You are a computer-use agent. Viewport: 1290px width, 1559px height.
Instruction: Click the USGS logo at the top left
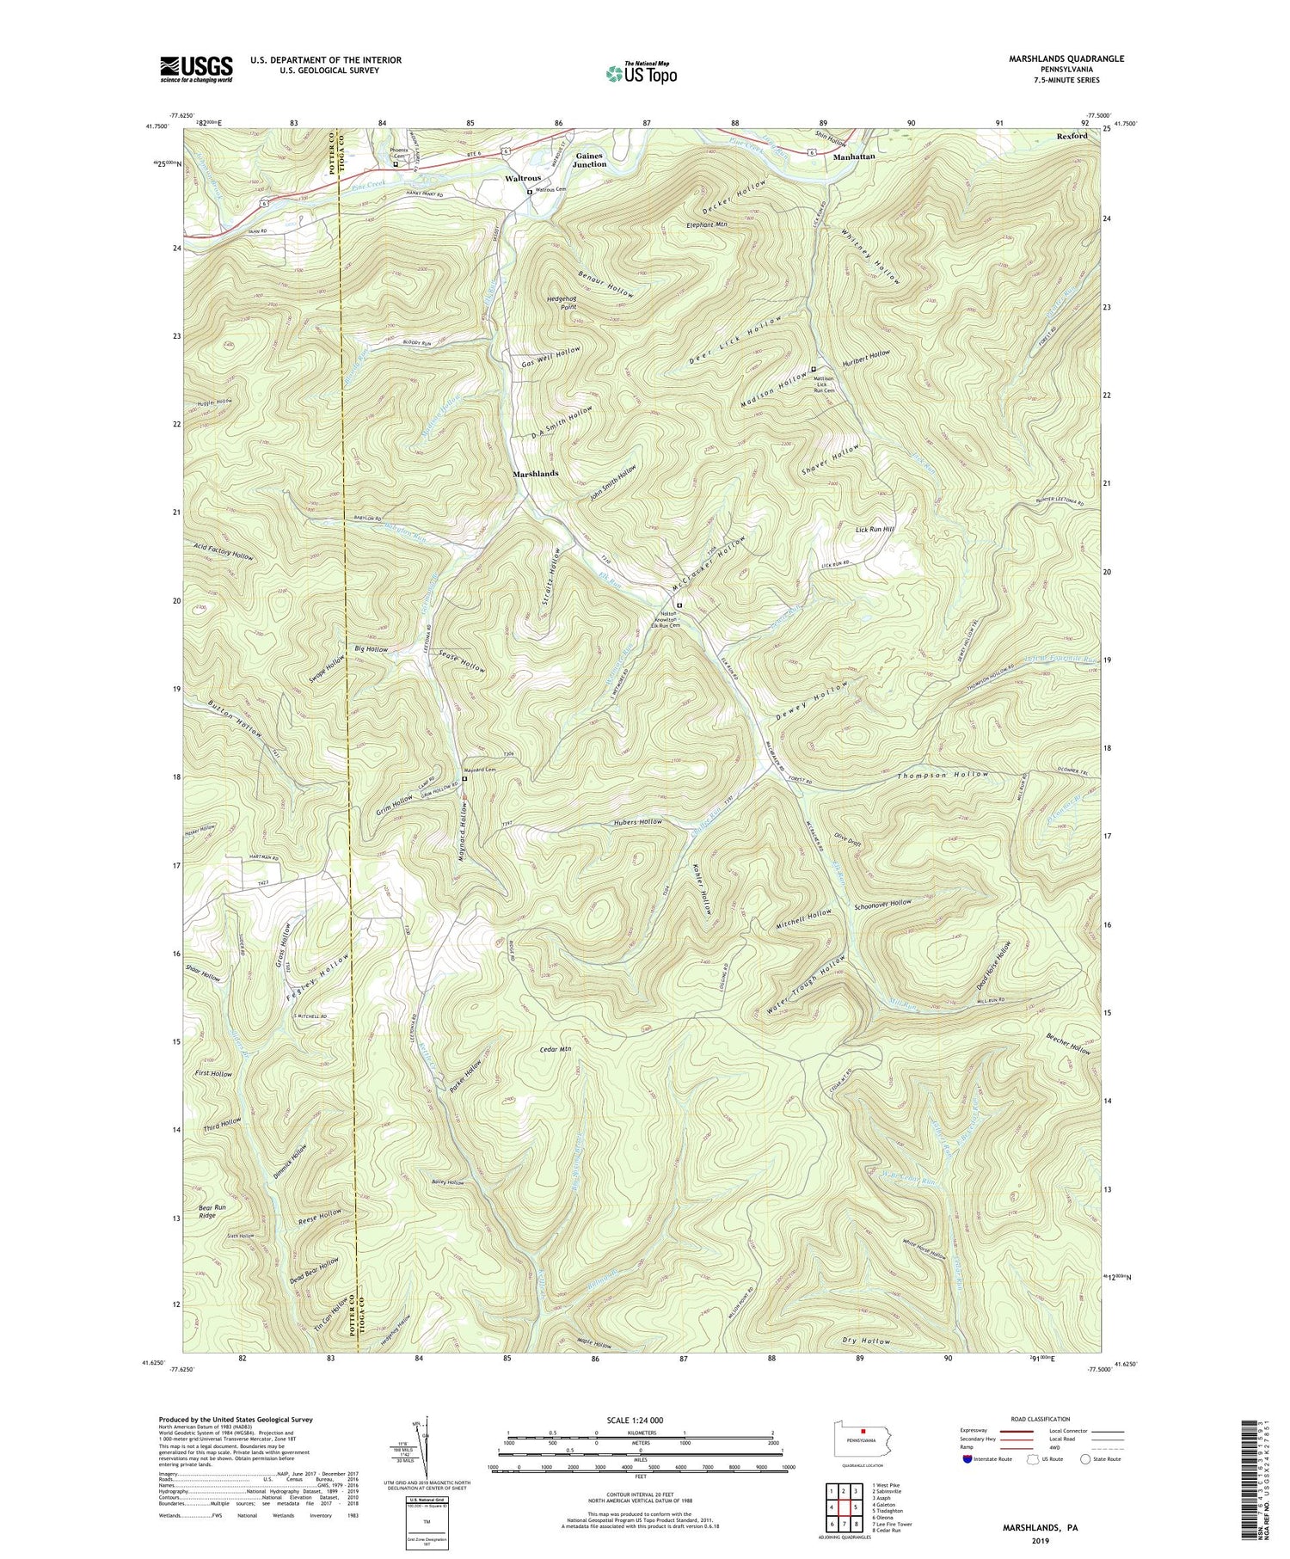195,68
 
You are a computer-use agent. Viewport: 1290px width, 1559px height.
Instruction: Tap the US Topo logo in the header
641,74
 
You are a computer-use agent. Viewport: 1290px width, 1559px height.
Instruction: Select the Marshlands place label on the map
536,474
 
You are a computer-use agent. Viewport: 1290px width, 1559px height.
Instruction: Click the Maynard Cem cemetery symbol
464,779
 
